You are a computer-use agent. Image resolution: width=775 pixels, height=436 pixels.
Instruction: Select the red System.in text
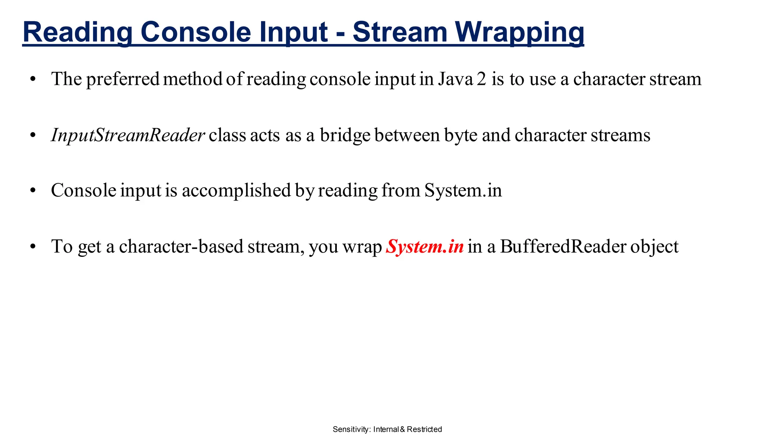click(x=425, y=247)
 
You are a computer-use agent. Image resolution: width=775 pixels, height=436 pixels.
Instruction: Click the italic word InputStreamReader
click(x=128, y=135)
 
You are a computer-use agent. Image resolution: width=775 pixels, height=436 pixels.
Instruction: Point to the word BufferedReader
click(x=563, y=247)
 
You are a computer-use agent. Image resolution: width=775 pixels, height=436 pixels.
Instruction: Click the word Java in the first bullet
click(x=455, y=79)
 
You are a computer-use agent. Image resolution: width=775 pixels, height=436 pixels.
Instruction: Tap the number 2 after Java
click(x=481, y=79)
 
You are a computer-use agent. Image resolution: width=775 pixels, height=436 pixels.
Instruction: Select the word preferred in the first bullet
click(x=123, y=79)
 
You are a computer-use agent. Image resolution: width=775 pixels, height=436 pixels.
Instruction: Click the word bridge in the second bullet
click(x=345, y=135)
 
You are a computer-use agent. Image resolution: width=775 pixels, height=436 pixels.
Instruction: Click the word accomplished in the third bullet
click(x=236, y=190)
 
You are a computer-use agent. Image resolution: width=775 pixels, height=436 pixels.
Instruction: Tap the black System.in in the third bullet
click(x=463, y=190)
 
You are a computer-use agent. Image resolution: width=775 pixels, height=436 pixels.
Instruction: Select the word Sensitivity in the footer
click(x=351, y=429)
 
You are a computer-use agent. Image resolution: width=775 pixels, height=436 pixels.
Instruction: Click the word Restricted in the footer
click(x=424, y=429)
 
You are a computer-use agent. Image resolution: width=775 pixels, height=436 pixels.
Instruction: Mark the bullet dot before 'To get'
click(x=33, y=247)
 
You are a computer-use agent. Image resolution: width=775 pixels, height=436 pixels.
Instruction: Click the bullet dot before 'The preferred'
click(x=33, y=80)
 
